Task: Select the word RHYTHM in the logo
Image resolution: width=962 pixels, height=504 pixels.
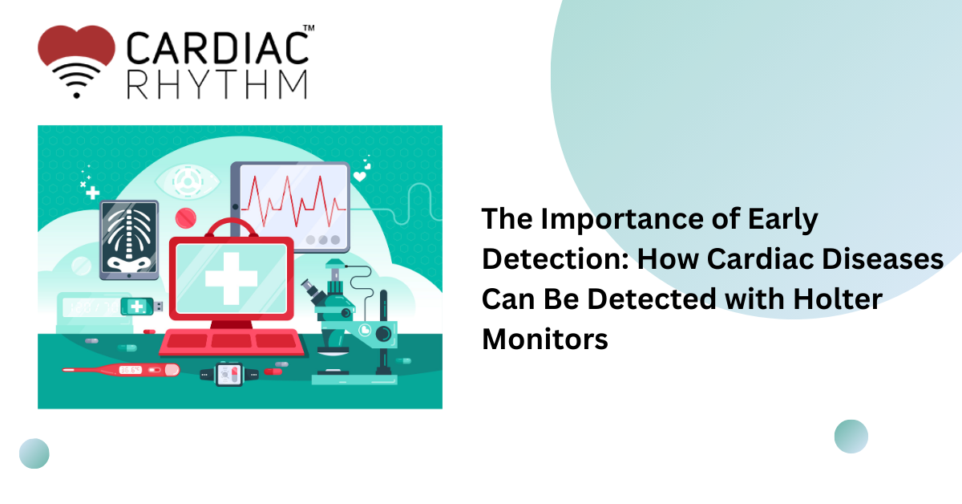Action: tap(217, 84)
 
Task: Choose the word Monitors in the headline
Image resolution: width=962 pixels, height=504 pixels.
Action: tap(545, 339)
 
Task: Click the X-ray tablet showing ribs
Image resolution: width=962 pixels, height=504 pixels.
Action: tap(128, 240)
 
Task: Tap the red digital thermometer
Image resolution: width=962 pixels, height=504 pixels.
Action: tap(121, 370)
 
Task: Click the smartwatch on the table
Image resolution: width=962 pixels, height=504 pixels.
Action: tap(230, 372)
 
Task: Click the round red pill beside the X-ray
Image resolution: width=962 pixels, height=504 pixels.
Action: tap(186, 217)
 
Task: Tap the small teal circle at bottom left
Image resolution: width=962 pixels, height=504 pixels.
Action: tap(34, 453)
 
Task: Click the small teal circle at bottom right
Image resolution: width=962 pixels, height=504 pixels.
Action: tap(851, 437)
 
